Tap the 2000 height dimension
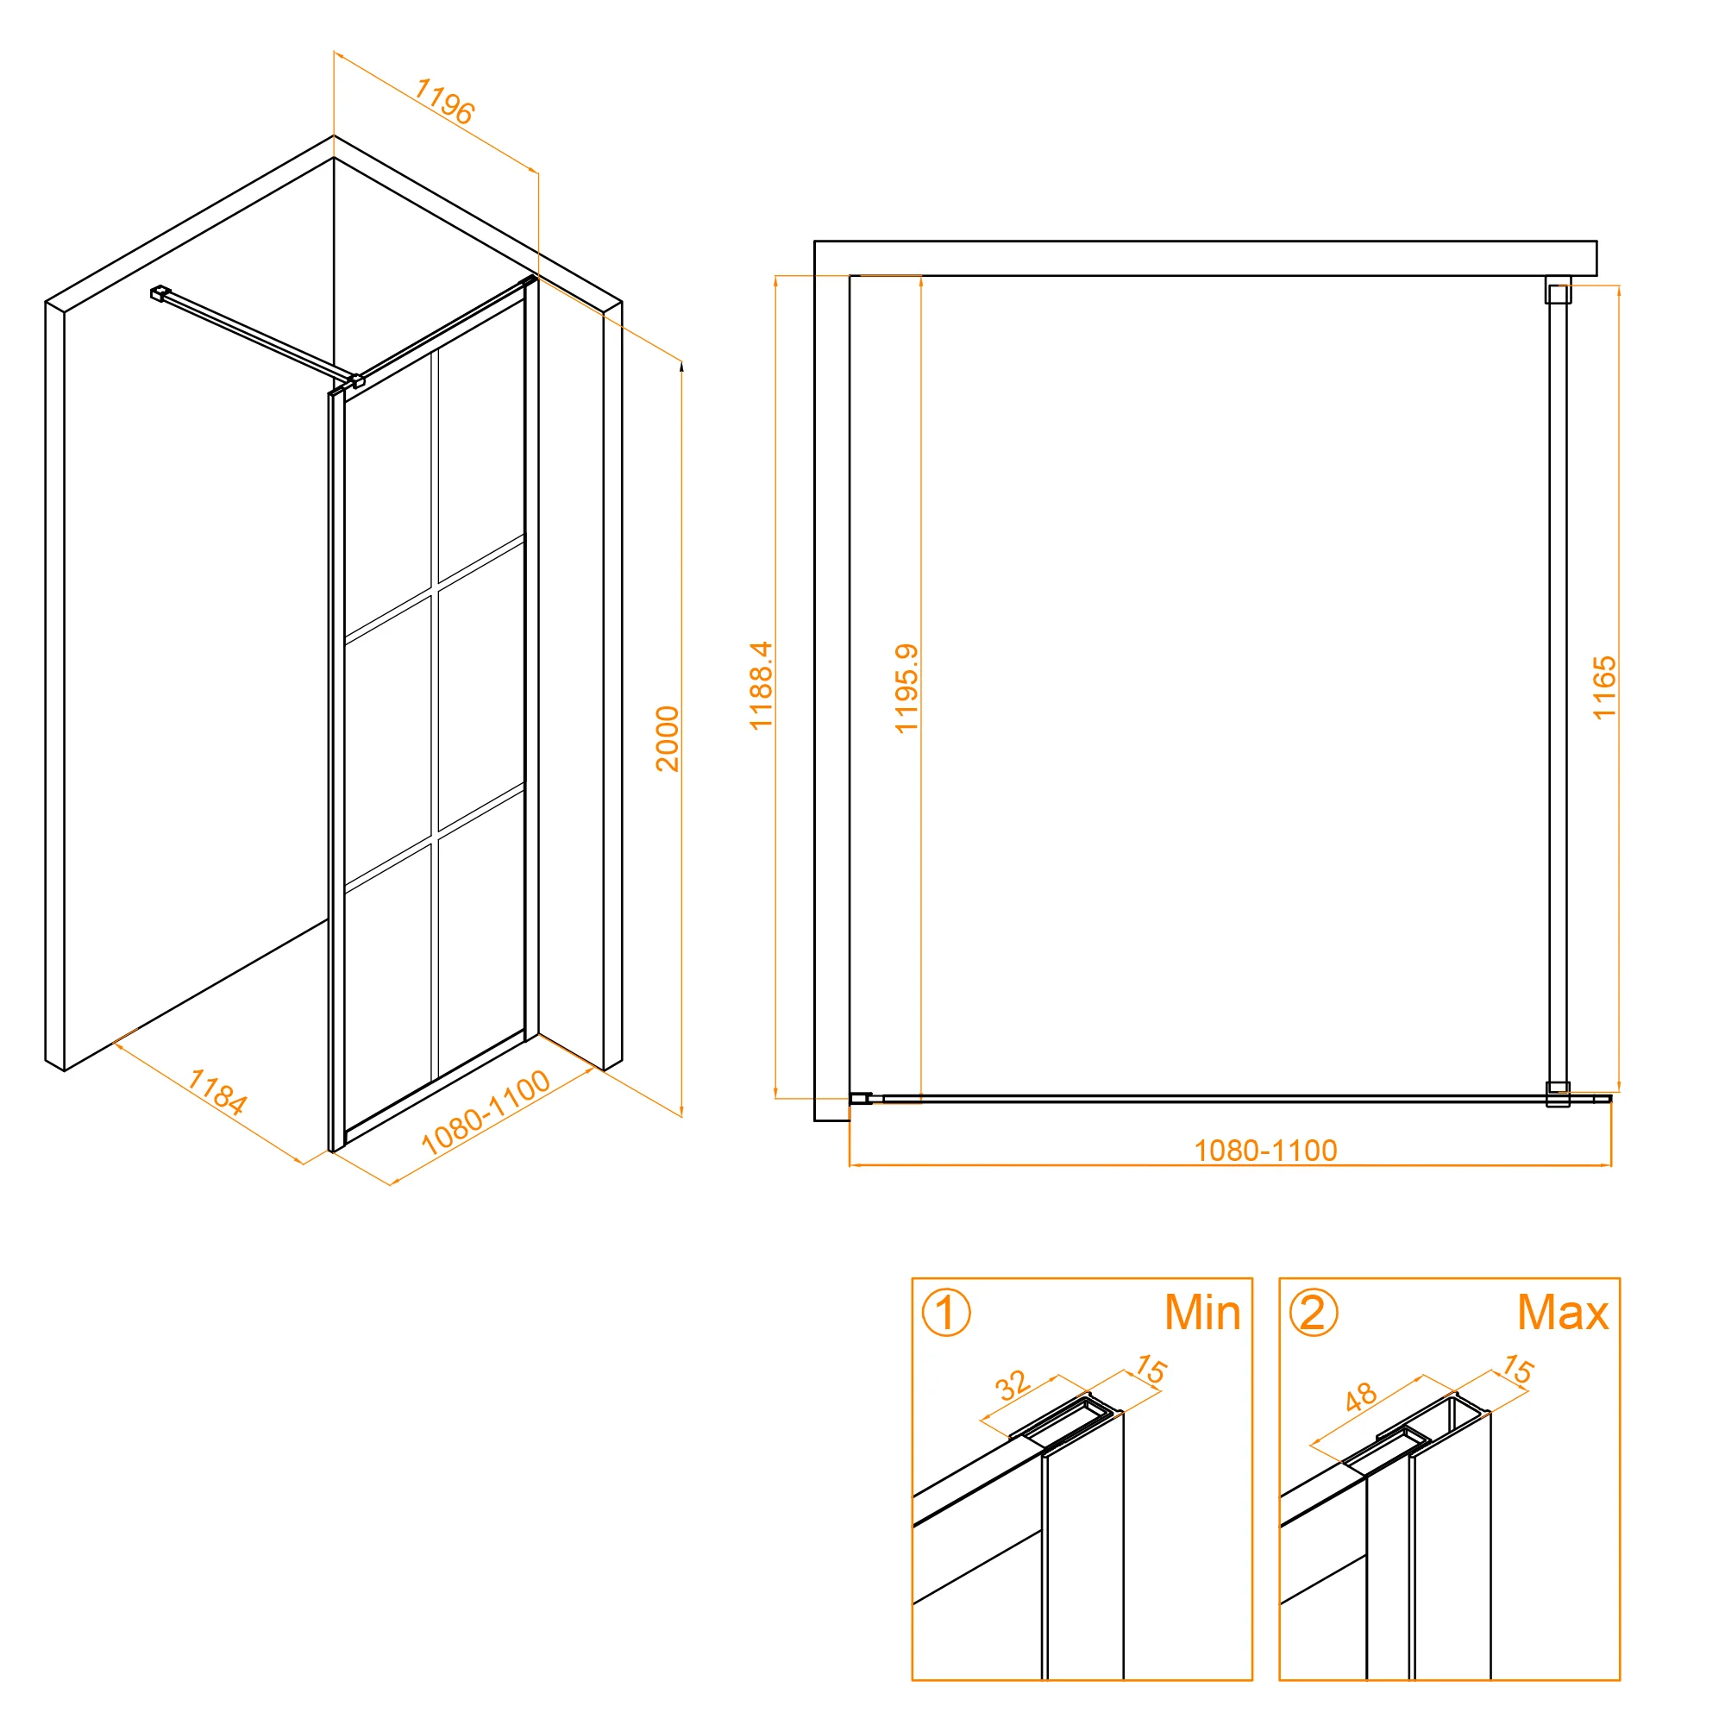point(667,738)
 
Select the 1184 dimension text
point(217,1092)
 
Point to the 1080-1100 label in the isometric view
point(485,1112)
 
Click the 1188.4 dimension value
point(761,686)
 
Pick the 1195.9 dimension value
point(906,688)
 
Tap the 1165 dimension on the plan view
point(1604,687)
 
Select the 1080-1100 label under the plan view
point(1266,1150)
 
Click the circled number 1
point(945,1313)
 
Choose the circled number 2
point(1314,1313)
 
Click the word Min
point(1202,1313)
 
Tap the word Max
point(1564,1313)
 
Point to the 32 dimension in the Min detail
point(1012,1386)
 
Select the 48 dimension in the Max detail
point(1361,1396)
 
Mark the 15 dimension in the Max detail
point(1517,1369)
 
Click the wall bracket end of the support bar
point(160,293)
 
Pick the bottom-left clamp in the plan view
point(861,1099)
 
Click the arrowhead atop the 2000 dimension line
point(681,365)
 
